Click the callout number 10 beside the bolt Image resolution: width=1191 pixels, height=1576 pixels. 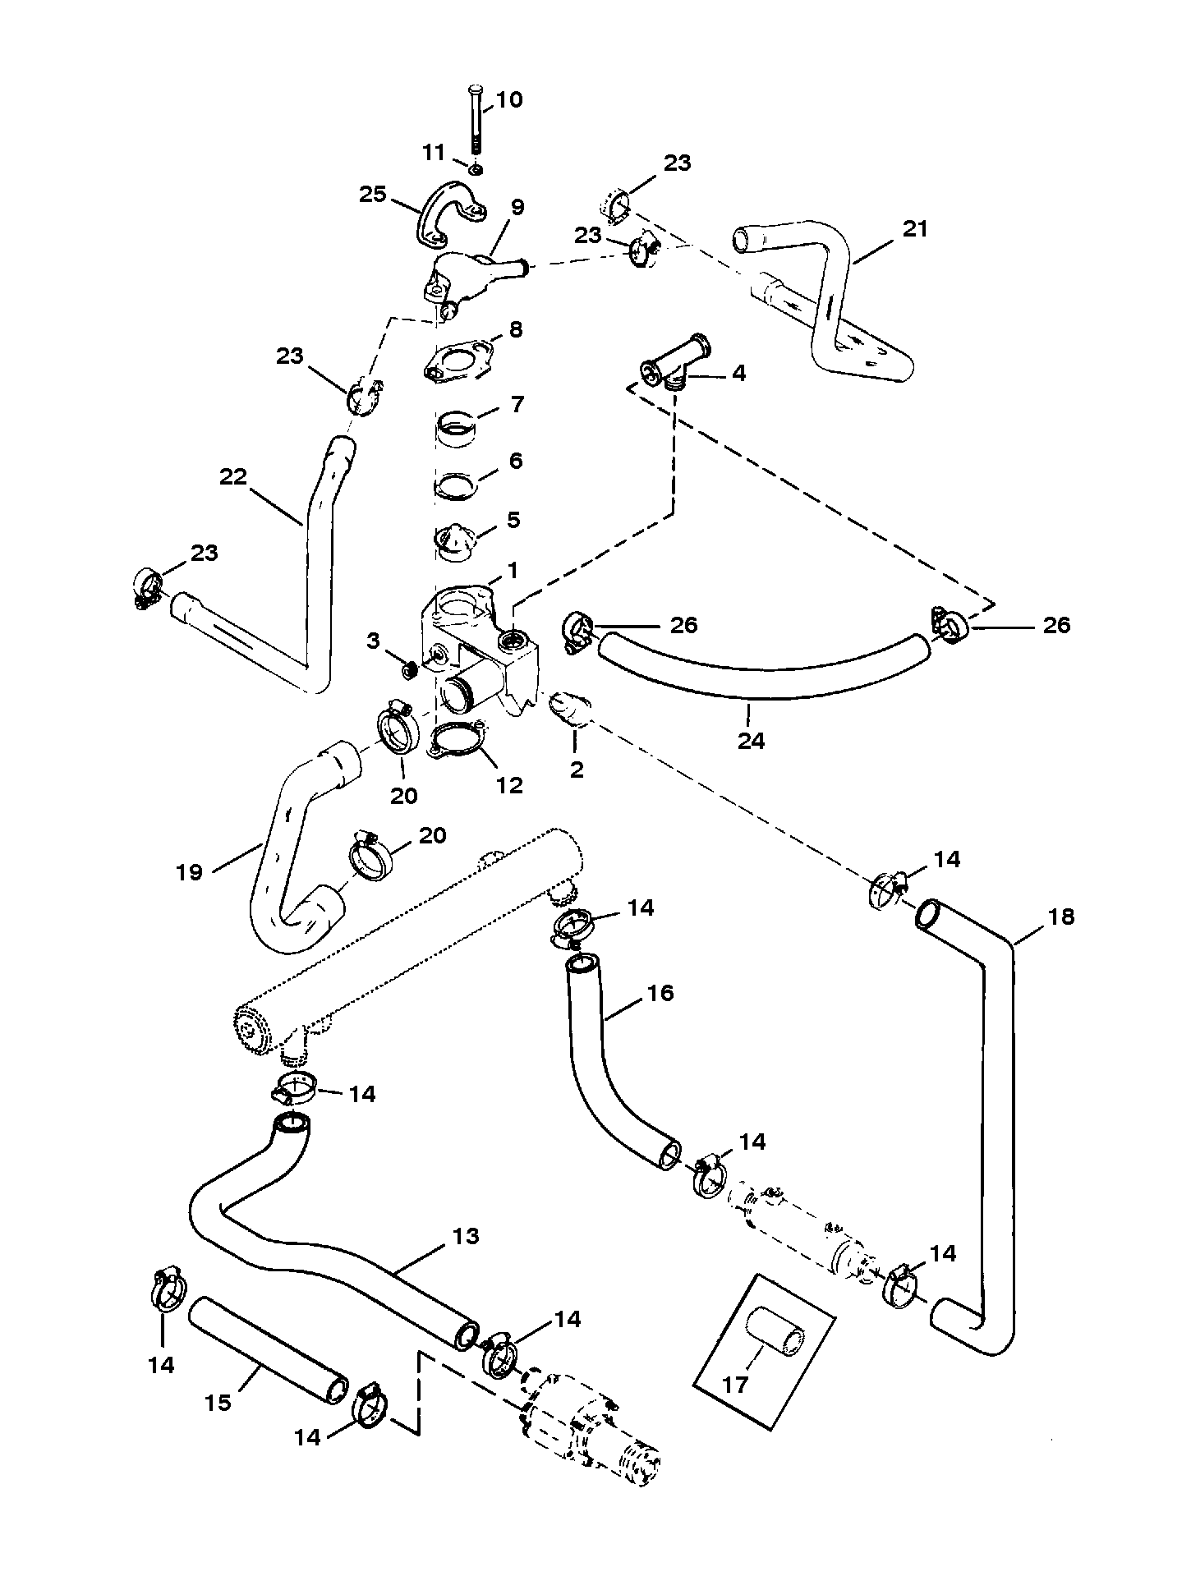[509, 100]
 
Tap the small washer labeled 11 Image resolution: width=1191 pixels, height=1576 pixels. [477, 168]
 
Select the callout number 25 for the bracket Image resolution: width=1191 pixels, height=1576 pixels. [372, 195]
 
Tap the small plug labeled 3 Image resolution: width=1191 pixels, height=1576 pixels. [408, 669]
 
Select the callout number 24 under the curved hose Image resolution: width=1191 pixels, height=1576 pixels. [751, 740]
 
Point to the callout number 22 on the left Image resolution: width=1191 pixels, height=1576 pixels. [233, 476]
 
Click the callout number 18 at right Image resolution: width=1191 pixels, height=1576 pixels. [1061, 917]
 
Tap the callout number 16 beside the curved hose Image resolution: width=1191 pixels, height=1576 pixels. [660, 993]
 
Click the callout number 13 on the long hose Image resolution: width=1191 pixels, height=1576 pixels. [466, 1236]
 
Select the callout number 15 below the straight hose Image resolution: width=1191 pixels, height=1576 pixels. [218, 1402]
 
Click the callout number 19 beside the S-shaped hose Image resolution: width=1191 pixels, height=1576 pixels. [189, 871]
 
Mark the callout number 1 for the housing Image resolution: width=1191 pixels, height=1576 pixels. [513, 569]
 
